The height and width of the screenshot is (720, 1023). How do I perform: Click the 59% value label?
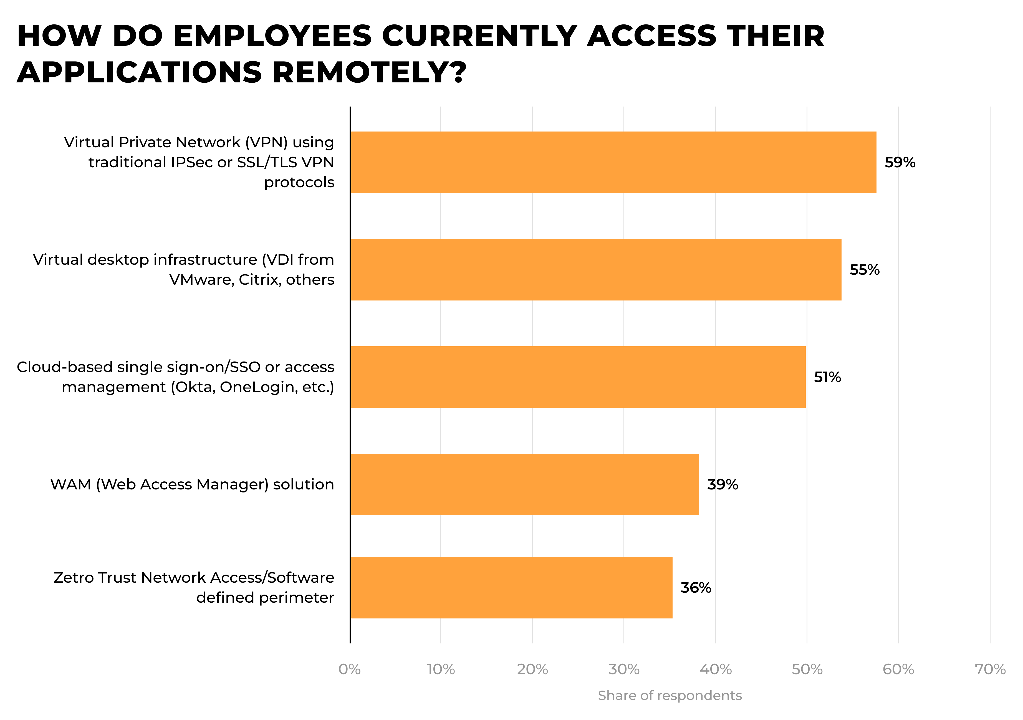click(900, 162)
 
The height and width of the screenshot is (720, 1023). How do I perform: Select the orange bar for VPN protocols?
click(613, 162)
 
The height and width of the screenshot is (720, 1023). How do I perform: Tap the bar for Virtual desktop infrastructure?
click(596, 270)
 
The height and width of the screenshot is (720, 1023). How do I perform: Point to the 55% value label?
click(864, 270)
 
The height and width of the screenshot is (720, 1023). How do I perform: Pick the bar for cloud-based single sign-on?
click(578, 377)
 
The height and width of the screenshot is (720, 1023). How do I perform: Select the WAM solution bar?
click(524, 484)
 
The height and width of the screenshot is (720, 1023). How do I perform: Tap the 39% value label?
click(722, 484)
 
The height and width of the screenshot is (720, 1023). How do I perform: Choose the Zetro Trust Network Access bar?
click(511, 587)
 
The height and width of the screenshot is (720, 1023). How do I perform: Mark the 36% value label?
click(696, 587)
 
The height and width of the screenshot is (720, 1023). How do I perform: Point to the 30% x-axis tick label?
click(624, 669)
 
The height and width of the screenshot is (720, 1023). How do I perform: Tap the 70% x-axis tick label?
click(990, 669)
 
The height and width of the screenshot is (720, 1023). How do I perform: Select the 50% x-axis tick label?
click(807, 669)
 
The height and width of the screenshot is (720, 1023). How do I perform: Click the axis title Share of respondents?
click(670, 696)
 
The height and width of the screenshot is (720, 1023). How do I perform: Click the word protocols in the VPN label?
click(299, 182)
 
